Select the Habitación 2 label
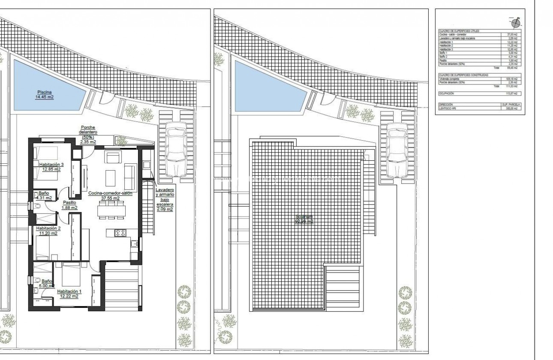pyautogui.click(x=48, y=231)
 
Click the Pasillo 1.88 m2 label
pyautogui.click(x=69, y=205)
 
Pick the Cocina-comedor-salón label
pyautogui.click(x=110, y=196)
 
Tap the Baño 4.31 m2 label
pyautogui.click(x=45, y=195)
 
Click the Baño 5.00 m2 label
pyautogui.click(x=46, y=283)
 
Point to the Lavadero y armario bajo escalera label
pyautogui.click(x=165, y=199)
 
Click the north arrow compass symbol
pyautogui.click(x=515, y=22)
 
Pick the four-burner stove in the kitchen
pyautogui.click(x=120, y=233)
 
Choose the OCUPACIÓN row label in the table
pyautogui.click(x=446, y=93)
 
